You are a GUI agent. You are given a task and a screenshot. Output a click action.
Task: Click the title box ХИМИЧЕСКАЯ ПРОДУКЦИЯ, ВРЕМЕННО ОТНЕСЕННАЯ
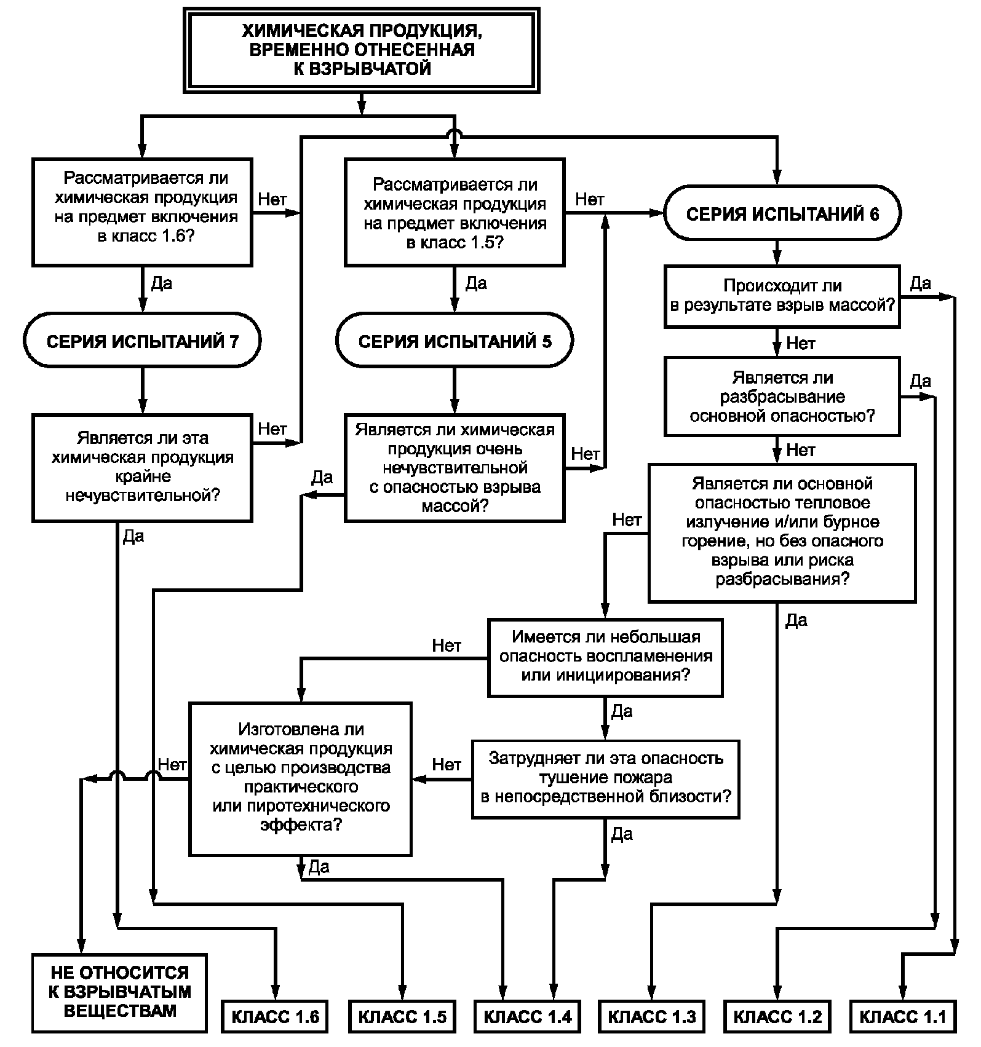click(x=361, y=50)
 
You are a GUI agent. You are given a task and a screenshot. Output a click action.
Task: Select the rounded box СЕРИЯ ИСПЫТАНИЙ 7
click(x=142, y=341)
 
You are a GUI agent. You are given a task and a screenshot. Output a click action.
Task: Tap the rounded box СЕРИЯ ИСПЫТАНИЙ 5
click(x=455, y=341)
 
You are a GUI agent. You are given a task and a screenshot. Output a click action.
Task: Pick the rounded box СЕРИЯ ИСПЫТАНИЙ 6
click(x=782, y=213)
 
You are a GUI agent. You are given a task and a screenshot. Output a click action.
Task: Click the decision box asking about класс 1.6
click(x=142, y=212)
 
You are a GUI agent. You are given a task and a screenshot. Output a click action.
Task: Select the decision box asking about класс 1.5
click(x=455, y=212)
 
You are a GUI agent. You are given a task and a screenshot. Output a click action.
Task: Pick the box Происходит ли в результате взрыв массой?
click(x=782, y=296)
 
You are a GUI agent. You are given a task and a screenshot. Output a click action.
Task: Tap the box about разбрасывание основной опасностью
click(x=782, y=397)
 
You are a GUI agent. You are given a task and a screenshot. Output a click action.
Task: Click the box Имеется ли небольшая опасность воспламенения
click(x=605, y=657)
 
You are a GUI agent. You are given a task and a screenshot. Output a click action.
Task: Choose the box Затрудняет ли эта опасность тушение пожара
click(x=605, y=778)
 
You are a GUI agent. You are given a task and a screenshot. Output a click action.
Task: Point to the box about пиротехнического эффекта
click(x=301, y=778)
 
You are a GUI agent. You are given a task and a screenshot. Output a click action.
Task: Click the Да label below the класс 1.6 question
click(x=162, y=283)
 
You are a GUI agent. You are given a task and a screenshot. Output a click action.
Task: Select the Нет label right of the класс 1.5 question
click(x=589, y=199)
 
